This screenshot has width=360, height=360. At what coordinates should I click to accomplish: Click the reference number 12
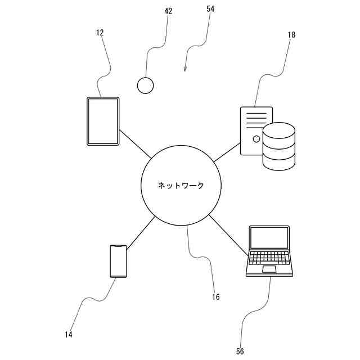pyautogui.click(x=100, y=33)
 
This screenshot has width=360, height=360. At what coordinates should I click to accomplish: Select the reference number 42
pyautogui.click(x=168, y=11)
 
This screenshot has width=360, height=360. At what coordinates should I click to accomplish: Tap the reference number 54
pyautogui.click(x=210, y=9)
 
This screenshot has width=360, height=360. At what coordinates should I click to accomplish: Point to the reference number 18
pyautogui.click(x=291, y=35)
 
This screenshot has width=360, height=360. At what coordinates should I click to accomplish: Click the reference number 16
pyautogui.click(x=216, y=297)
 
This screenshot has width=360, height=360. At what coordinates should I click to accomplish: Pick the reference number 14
pyautogui.click(x=69, y=335)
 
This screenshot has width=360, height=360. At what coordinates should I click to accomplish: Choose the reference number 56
pyautogui.click(x=240, y=352)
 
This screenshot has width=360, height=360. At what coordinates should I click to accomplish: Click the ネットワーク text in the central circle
pyautogui.click(x=181, y=186)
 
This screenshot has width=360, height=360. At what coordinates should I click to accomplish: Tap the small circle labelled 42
pyautogui.click(x=146, y=85)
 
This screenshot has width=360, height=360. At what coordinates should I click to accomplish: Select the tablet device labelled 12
pyautogui.click(x=103, y=121)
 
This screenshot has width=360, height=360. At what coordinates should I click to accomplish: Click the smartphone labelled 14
pyautogui.click(x=118, y=261)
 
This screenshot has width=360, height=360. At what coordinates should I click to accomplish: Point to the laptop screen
pyautogui.click(x=269, y=238)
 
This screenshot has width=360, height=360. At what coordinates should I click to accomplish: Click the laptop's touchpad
pyautogui.click(x=269, y=271)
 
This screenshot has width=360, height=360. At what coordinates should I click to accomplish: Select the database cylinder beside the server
pyautogui.click(x=279, y=146)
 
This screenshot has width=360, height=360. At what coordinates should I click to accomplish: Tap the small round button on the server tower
pyautogui.click(x=256, y=138)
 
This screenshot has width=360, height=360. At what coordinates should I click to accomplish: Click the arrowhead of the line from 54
pyautogui.click(x=185, y=70)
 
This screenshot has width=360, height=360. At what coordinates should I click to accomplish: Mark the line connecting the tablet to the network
pyautogui.click(x=135, y=145)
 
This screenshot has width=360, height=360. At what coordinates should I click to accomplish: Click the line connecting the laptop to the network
pyautogui.click(x=228, y=233)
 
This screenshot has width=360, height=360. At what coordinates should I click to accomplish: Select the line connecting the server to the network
pyautogui.click(x=227, y=152)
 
